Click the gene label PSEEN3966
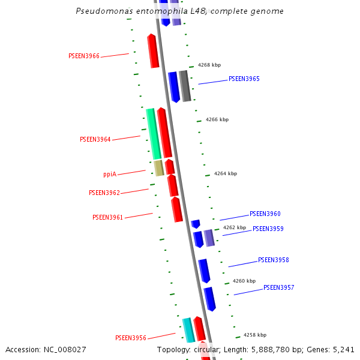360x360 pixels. point(84,56)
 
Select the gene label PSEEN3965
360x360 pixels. point(244,79)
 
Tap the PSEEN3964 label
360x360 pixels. point(95,140)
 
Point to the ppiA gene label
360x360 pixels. point(110,175)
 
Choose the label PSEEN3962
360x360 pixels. point(104,193)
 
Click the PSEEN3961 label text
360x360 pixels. point(107,218)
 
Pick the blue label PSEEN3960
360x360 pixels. point(265,214)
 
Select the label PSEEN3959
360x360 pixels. point(268,229)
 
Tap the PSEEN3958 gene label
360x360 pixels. point(273,260)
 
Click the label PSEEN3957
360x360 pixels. point(278,288)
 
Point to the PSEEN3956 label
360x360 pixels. point(131,338)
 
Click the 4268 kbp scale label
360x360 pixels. point(209,65)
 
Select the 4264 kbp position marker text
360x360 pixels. point(226,174)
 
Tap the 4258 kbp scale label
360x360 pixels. point(255,335)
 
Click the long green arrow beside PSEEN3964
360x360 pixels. point(153,133)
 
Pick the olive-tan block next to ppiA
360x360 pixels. point(158,167)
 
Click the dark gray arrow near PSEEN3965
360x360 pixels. point(185,85)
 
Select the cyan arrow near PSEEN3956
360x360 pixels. point(188,330)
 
